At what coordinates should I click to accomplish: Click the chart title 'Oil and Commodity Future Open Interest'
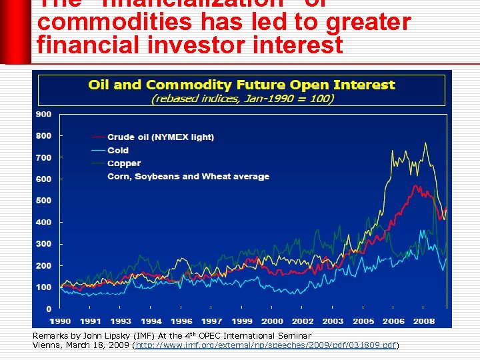click(241, 85)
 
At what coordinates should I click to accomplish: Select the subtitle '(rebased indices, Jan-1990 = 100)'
click(242, 98)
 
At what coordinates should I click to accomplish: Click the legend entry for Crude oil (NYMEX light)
click(160, 137)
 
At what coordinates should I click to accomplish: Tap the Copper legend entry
click(124, 163)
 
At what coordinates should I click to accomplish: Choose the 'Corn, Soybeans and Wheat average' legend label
click(188, 177)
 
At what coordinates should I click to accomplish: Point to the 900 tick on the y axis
click(43, 114)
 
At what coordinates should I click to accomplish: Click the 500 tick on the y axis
click(43, 201)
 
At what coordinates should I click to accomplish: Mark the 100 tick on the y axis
click(43, 287)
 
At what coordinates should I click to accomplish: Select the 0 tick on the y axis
click(49, 309)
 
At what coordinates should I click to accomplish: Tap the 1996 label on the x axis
click(183, 321)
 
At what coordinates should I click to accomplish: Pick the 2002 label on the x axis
click(303, 321)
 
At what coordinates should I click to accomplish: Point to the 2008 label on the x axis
click(424, 321)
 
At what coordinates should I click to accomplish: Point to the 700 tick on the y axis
click(43, 157)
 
